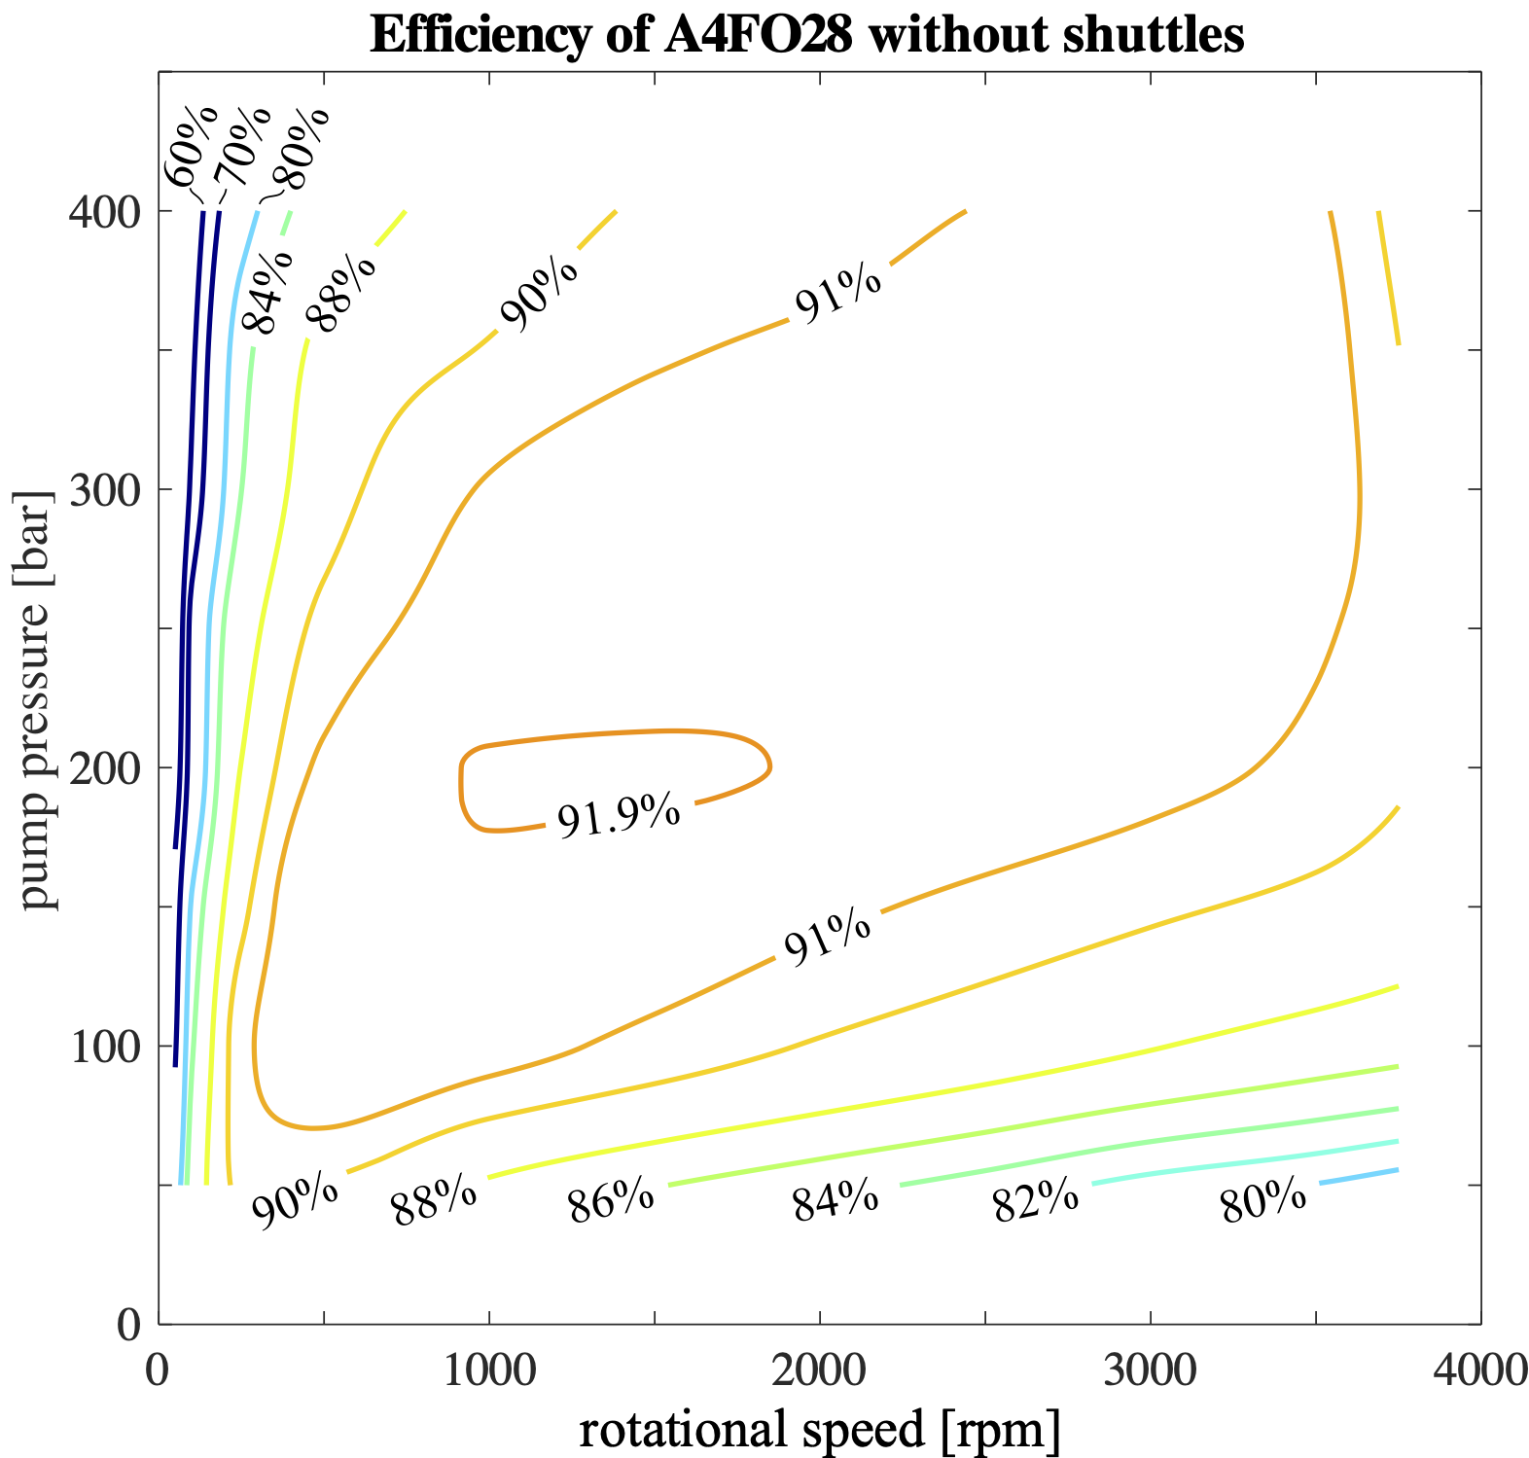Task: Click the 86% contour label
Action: click(x=611, y=1202)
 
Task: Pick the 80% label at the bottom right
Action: click(x=1262, y=1203)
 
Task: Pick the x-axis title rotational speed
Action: click(x=819, y=1430)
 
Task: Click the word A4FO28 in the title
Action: click(x=748, y=37)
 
